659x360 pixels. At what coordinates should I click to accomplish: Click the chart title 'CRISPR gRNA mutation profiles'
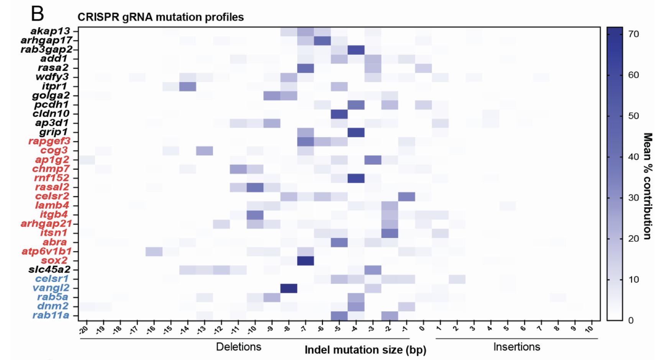161,17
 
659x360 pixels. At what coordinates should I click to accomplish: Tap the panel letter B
37,14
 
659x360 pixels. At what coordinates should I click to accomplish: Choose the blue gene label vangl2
53,288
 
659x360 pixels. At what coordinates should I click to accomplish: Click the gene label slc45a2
49,270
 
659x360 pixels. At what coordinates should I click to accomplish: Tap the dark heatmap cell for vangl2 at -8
289,288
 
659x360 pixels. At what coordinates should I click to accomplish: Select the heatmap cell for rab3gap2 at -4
356,49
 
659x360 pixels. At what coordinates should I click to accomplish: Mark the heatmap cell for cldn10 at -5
339,114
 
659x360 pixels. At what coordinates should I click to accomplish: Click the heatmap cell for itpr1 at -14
188,86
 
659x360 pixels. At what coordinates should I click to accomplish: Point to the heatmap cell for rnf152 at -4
356,178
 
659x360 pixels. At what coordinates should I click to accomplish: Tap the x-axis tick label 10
590,328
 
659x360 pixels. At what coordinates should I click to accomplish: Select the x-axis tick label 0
423,328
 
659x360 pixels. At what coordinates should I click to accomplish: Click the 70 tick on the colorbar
634,34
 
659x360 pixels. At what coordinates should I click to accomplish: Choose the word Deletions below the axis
239,347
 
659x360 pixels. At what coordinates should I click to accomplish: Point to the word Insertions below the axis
516,347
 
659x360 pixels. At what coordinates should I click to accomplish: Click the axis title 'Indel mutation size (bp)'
365,350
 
